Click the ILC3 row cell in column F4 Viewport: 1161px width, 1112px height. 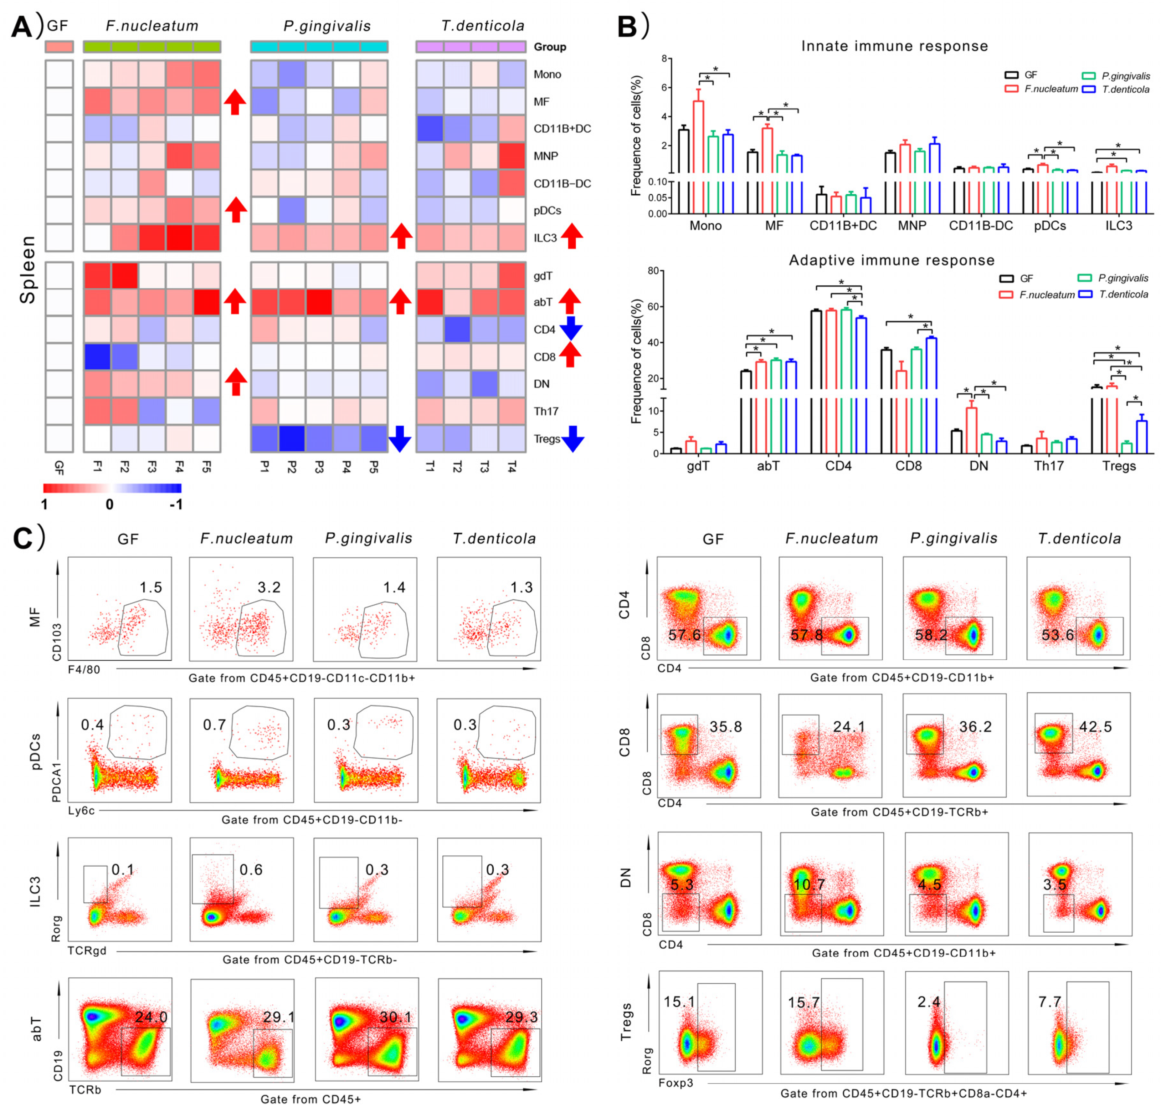tap(180, 237)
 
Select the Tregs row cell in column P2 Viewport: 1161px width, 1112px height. tap(292, 439)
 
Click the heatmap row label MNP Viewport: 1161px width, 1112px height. tap(545, 156)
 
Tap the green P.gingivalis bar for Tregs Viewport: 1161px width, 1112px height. tap(1127, 447)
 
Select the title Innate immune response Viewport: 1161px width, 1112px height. tap(894, 46)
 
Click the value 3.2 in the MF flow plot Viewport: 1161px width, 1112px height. tap(269, 587)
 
